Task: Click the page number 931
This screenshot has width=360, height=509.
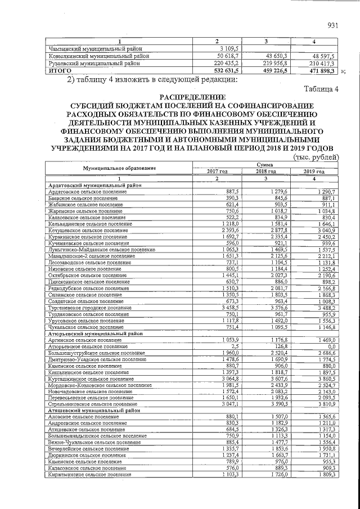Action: [332, 25]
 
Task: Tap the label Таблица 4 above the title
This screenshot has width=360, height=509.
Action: [321, 89]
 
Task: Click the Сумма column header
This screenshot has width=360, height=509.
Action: [265, 165]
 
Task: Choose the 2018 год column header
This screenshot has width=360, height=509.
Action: [265, 172]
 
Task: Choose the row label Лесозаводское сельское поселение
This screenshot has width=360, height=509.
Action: [85, 263]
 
